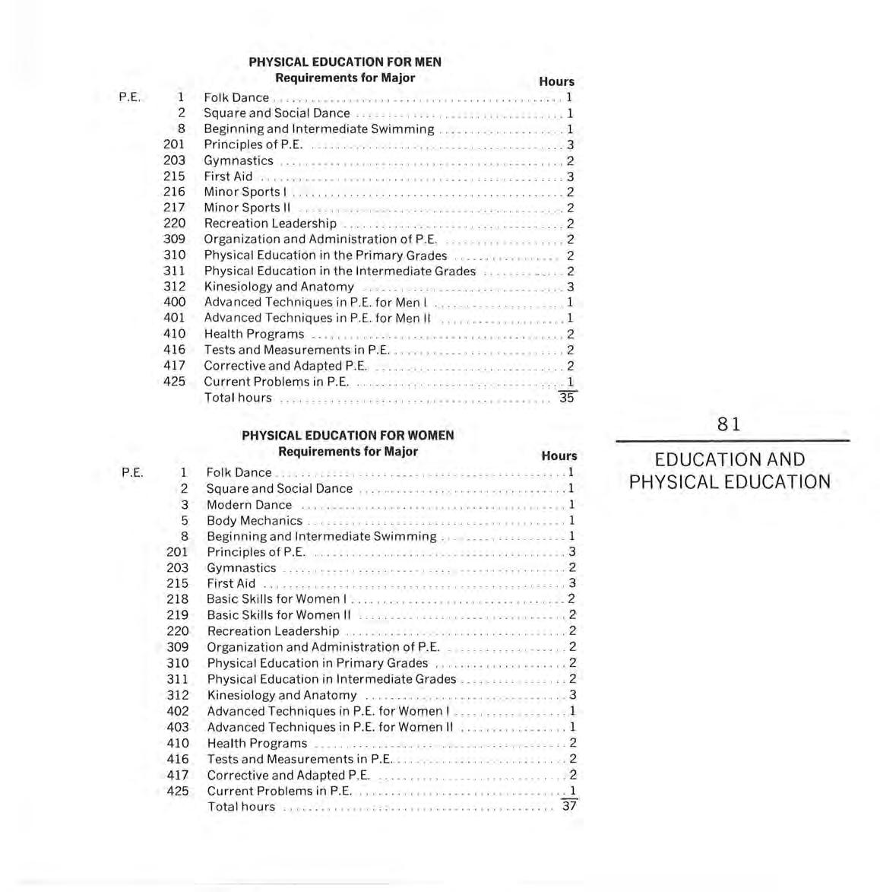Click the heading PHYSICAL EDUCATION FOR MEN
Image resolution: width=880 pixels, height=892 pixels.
click(x=344, y=62)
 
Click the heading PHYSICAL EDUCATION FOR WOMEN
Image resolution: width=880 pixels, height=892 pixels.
click(x=347, y=435)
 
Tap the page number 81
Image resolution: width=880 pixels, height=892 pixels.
click(x=729, y=424)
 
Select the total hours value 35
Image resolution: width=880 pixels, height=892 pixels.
click(x=566, y=398)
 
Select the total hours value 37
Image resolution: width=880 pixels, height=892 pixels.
click(x=568, y=806)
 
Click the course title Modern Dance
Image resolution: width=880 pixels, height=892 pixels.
click(x=249, y=505)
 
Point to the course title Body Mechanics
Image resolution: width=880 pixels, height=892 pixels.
click(x=255, y=521)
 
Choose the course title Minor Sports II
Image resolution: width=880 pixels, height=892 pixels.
click(x=247, y=208)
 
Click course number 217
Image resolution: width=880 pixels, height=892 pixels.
click(x=174, y=208)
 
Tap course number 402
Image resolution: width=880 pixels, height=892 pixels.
click(x=177, y=711)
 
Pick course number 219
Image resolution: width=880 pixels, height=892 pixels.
click(x=177, y=614)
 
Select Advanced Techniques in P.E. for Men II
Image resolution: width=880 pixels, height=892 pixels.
click(x=317, y=318)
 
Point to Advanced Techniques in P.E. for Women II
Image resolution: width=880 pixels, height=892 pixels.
click(x=330, y=727)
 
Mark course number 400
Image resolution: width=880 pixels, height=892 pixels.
click(x=174, y=302)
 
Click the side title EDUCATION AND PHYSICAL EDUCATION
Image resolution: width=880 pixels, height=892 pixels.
click(x=730, y=471)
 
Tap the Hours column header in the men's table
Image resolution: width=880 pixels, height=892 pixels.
click(x=556, y=81)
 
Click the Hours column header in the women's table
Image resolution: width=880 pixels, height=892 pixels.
click(x=559, y=456)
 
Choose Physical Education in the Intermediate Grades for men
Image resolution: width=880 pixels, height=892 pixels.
click(x=340, y=271)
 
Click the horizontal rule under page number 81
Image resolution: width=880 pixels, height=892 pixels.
click(x=732, y=441)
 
